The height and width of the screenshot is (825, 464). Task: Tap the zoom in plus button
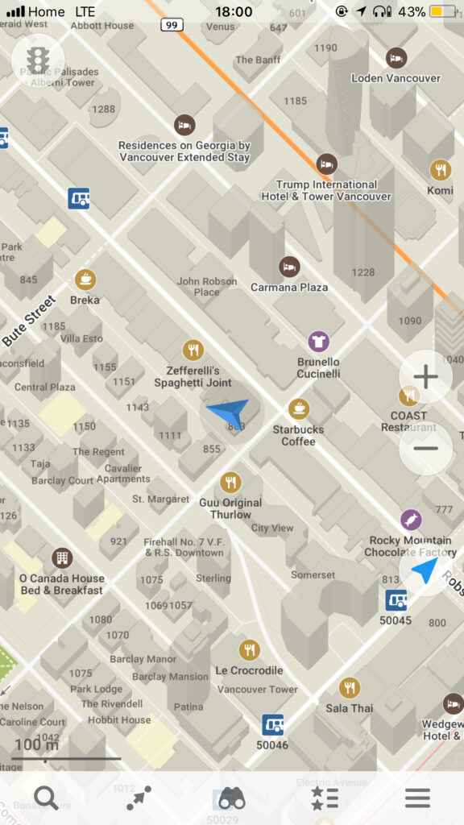point(425,376)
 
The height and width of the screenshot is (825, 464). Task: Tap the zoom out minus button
point(425,448)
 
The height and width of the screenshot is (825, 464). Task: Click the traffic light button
point(37,59)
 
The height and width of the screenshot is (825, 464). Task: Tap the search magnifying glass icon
point(46,798)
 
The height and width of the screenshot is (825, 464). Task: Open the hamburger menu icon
point(417,798)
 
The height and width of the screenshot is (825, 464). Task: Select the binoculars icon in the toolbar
point(232,798)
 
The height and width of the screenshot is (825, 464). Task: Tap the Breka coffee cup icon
point(85,280)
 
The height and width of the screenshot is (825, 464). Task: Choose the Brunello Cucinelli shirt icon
point(318,342)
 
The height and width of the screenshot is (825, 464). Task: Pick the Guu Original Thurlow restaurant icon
point(230,483)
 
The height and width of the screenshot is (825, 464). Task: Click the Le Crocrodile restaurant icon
point(249,649)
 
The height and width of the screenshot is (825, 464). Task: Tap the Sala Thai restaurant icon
point(349,687)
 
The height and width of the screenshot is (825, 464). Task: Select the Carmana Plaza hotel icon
point(289,267)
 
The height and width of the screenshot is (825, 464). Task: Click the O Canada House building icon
point(61,558)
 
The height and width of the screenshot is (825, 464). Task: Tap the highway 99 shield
point(172,25)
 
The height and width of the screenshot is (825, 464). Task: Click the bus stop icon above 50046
point(272,724)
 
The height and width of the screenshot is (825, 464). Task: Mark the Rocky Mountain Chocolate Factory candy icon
point(411,520)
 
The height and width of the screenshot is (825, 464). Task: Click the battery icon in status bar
point(442,12)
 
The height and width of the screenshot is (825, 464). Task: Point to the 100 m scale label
point(37,744)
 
